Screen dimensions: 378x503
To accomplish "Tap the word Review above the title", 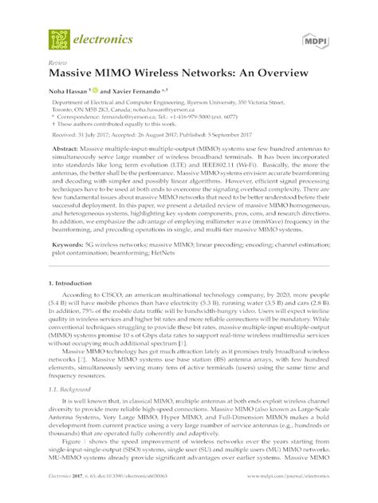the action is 57,61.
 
